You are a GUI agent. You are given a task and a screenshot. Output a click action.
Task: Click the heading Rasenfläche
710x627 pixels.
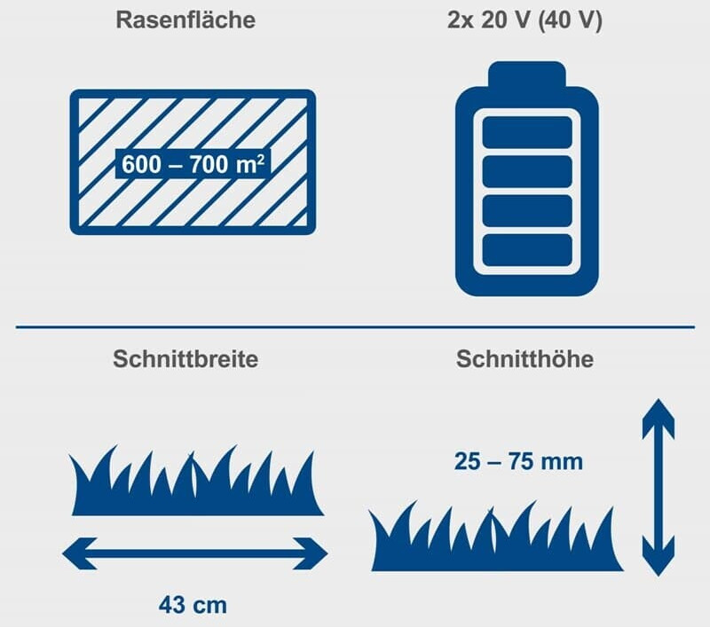(185, 20)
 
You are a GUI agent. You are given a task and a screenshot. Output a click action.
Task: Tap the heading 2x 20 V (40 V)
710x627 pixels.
(525, 20)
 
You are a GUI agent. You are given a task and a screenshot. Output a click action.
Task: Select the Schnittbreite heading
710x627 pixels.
(185, 359)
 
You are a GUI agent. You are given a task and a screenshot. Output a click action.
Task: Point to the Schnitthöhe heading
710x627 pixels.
(525, 359)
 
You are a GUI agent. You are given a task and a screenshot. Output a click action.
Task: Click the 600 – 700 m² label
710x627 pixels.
(193, 164)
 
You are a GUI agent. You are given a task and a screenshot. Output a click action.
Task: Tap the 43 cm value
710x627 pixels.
(193, 606)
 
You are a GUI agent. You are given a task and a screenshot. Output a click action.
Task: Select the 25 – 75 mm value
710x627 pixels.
(518, 462)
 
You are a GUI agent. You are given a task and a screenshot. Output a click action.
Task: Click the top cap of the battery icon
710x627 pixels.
(527, 74)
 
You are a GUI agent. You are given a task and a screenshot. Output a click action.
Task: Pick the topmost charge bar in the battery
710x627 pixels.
(527, 132)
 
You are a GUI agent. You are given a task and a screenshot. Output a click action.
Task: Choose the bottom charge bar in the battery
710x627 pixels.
(527, 251)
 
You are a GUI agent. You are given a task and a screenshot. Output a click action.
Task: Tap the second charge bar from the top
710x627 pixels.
(527, 172)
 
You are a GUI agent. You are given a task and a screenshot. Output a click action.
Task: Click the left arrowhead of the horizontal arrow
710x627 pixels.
(80, 553)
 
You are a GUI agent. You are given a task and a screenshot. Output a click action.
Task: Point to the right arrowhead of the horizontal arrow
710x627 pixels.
(311, 553)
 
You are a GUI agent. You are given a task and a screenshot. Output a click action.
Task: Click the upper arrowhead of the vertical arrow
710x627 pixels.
(659, 419)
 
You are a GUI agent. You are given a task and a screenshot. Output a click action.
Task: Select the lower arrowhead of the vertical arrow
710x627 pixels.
(659, 556)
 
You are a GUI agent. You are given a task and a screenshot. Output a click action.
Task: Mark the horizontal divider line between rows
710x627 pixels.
(356, 326)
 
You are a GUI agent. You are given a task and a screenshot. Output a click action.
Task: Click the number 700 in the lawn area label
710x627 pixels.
(209, 164)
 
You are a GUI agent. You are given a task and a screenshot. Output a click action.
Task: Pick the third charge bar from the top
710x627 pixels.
(527, 211)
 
